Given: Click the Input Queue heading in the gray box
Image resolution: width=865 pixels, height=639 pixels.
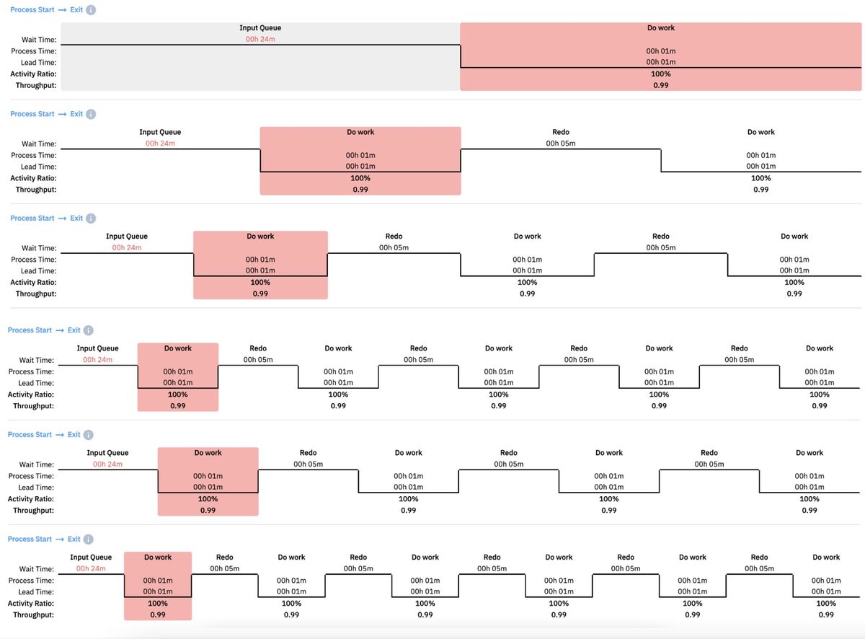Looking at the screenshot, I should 260,28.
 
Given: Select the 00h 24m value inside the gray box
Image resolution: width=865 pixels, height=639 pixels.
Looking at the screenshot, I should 260,39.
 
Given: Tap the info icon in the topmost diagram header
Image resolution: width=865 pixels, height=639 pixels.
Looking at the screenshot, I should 91,10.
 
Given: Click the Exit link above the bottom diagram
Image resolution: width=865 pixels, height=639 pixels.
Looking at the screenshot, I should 74,539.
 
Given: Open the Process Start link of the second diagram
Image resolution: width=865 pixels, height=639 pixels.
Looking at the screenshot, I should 32,114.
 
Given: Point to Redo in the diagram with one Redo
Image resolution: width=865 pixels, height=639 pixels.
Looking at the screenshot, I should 560,132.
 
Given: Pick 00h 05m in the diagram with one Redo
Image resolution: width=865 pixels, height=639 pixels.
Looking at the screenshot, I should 560,144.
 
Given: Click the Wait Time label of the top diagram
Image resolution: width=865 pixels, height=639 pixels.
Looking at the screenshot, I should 39,40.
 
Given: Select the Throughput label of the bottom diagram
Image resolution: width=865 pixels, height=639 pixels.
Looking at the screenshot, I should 34,615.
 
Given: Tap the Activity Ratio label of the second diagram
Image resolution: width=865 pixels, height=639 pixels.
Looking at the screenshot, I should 33,178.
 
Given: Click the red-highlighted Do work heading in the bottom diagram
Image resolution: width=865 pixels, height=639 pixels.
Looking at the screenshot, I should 158,558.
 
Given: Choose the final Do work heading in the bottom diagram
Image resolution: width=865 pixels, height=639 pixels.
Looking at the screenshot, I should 826,558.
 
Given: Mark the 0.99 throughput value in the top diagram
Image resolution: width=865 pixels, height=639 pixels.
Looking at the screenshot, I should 661,85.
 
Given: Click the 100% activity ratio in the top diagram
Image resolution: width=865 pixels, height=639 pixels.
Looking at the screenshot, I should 661,74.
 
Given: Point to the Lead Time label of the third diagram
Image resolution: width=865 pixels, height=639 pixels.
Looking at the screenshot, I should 38,270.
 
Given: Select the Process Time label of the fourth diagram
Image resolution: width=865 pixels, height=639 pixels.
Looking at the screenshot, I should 32,371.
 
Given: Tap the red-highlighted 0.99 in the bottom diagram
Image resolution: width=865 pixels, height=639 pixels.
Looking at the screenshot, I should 158,615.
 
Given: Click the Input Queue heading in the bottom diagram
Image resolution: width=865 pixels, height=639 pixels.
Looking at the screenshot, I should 91,558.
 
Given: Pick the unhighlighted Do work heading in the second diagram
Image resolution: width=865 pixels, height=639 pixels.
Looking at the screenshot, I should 760,132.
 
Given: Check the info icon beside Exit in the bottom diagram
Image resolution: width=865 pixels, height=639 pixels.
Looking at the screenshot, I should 89,539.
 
